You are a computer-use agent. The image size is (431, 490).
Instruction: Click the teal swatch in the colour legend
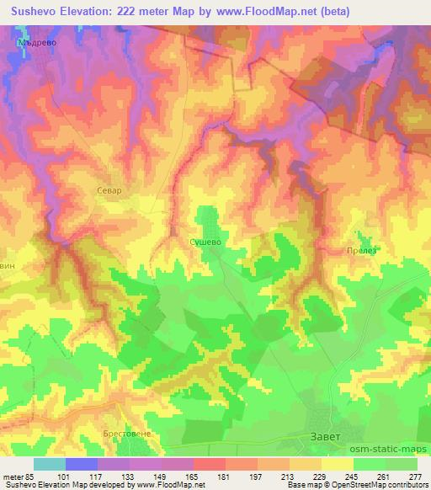pos(50,464)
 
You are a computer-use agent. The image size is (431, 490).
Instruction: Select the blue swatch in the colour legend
pos(82,464)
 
